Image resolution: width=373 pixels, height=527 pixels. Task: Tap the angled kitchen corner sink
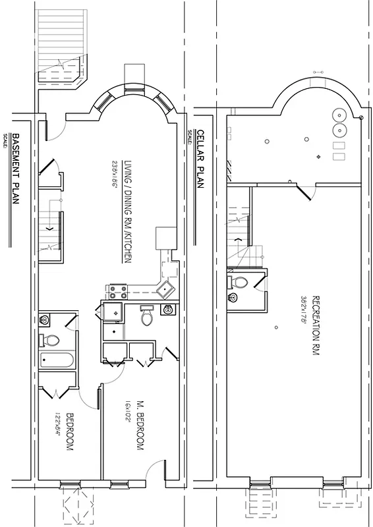pos(166,287)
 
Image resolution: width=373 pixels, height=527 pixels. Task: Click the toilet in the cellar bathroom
pos(240,283)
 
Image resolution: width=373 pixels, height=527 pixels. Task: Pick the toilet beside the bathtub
pos(51,341)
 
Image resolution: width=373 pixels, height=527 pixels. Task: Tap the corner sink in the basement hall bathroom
pos(45,320)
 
